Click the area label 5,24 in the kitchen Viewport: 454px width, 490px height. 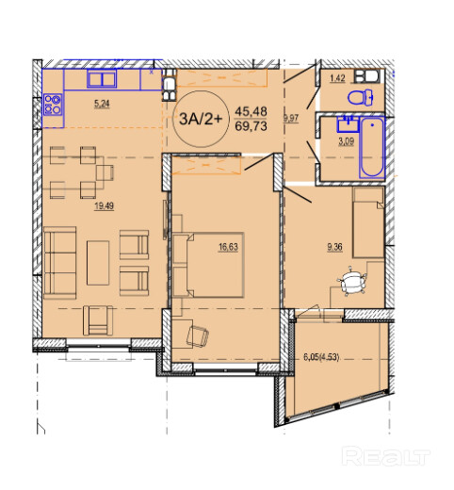[102, 104]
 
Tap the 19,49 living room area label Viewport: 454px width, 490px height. [105, 206]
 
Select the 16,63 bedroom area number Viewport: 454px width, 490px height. [228, 247]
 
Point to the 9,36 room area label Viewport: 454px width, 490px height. [334, 247]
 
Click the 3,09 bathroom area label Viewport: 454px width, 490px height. [346, 141]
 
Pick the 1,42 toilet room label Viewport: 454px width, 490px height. [337, 78]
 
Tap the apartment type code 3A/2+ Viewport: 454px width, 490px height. [201, 119]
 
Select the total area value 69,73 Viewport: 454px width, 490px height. [251, 126]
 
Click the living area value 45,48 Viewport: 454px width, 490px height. [251, 111]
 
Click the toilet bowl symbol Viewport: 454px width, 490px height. [361, 97]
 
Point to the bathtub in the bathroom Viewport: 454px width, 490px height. [372, 147]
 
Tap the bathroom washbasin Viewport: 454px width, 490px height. [348, 124]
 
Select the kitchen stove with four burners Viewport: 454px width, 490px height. [53, 105]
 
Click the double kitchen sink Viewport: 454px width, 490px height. [102, 79]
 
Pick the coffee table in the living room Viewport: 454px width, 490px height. [98, 263]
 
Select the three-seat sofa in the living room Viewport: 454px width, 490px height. [60, 263]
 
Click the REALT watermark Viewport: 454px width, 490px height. [386, 456]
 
